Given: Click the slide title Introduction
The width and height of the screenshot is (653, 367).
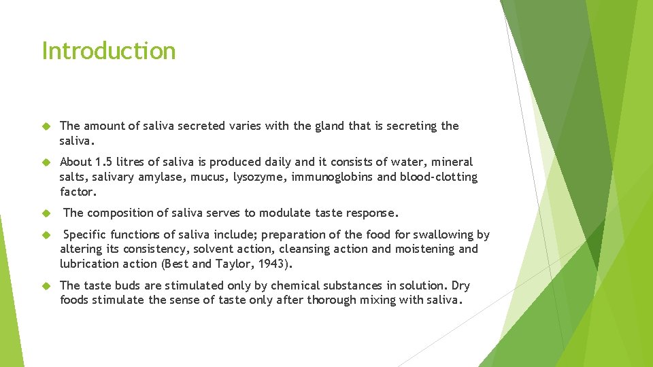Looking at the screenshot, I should [109, 51].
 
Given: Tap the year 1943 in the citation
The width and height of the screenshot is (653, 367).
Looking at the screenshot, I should [273, 264].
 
